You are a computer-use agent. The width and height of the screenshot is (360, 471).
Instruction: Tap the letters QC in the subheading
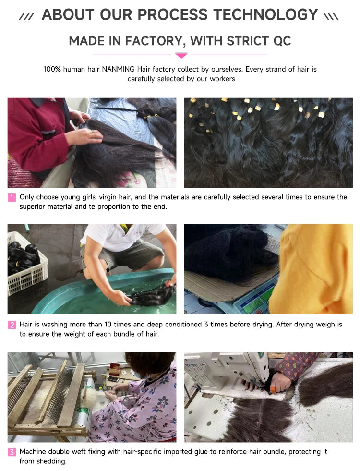point(282,41)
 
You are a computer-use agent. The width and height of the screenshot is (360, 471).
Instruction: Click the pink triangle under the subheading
point(181,55)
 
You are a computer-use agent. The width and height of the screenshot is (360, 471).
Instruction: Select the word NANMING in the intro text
point(118,69)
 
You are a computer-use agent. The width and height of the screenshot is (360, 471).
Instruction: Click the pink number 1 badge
point(12,197)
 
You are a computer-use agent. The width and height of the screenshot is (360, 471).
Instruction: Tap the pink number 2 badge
point(12,325)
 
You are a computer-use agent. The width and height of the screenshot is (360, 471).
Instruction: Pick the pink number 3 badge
point(12,452)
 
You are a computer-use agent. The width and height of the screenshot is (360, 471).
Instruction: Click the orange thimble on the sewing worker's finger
point(273,390)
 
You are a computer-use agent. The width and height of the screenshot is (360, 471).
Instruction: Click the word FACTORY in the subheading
point(154,41)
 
